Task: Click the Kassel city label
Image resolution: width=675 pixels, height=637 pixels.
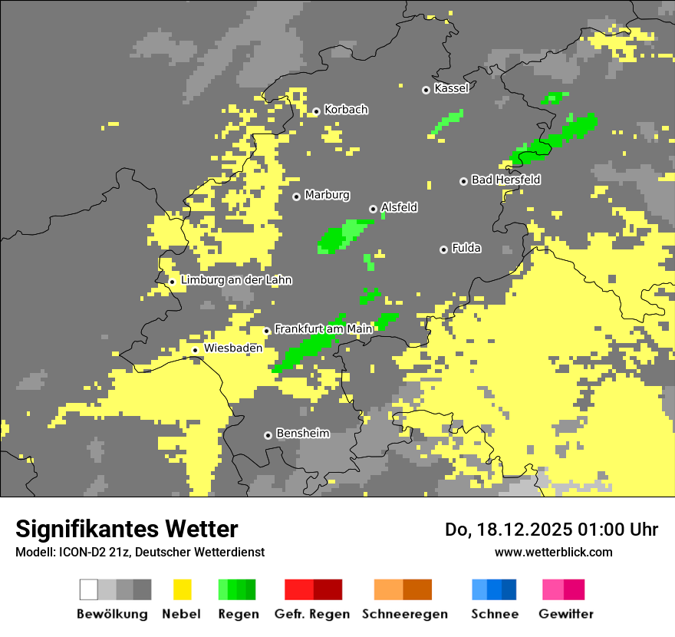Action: [x=451, y=88]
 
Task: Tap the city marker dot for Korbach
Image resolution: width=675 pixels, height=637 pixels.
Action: [x=316, y=111]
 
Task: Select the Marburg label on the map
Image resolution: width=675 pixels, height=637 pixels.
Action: [x=327, y=195]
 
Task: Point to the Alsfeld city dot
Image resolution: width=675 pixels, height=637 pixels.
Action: [x=373, y=209]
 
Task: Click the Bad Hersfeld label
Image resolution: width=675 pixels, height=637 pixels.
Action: [x=505, y=180]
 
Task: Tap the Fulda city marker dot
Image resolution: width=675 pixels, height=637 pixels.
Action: [x=443, y=249]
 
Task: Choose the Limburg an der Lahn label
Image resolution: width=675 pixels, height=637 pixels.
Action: [x=236, y=280]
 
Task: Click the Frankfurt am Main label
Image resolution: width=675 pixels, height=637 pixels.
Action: [x=323, y=328]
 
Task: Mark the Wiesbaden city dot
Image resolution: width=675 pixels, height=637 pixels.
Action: [x=196, y=350]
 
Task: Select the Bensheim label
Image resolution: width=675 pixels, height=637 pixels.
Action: [x=302, y=434]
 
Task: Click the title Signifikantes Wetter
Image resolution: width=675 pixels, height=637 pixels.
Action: [x=127, y=529]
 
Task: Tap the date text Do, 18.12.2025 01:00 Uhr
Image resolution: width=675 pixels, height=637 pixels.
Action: [x=552, y=530]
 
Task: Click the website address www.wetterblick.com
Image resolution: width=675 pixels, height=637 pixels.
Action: [x=553, y=552]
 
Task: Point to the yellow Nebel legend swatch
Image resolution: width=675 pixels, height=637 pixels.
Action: [x=182, y=589]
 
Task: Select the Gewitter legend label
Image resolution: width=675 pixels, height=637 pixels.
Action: [x=565, y=614]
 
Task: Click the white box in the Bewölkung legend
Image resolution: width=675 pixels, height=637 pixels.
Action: [x=89, y=589]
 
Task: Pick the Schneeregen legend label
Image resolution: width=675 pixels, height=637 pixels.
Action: [x=405, y=614]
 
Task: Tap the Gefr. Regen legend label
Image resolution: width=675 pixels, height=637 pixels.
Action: [x=311, y=614]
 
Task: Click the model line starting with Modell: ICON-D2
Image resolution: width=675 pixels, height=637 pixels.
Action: [x=140, y=552]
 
